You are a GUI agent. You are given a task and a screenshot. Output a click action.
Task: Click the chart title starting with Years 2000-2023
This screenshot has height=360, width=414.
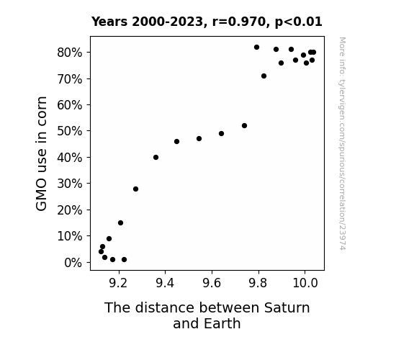coord(207,22)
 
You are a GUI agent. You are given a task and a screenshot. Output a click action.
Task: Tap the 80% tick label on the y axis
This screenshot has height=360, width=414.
coord(69,53)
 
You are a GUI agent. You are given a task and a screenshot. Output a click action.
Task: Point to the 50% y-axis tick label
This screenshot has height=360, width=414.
coord(69,131)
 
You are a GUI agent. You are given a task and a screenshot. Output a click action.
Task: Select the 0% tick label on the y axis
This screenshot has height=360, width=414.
coord(73,263)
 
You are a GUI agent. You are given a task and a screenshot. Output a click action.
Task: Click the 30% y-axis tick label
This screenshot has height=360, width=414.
coord(69,184)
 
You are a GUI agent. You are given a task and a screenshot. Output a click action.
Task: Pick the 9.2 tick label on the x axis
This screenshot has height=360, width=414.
coord(119,283)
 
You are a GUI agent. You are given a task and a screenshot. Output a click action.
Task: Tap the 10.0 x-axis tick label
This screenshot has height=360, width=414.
coord(305,283)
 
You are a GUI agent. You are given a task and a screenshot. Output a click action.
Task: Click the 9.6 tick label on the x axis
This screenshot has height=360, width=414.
coord(212,283)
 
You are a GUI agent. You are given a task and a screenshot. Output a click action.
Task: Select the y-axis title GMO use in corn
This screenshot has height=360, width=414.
coord(41,153)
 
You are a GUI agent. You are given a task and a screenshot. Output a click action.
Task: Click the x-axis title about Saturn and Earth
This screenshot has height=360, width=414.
coord(207,315)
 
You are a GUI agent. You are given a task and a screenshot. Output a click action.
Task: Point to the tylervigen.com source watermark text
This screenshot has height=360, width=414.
coord(342,143)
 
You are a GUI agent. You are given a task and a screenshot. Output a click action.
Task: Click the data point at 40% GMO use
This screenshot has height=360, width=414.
coord(156,158)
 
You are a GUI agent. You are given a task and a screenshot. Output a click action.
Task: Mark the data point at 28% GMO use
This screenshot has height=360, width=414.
coord(135,189)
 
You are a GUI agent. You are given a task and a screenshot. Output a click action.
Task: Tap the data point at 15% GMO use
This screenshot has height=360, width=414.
coord(121,223)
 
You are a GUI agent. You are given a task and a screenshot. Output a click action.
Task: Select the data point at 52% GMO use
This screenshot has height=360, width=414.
coord(245,126)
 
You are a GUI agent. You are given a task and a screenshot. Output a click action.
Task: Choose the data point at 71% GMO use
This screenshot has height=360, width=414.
coord(264,76)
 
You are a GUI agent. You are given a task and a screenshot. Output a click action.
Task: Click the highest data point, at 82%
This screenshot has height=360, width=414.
coord(256,48)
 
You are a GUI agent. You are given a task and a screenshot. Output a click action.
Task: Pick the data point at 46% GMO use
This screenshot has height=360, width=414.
coord(177,142)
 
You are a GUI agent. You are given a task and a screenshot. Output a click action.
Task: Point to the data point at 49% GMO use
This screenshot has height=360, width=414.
coord(222,134)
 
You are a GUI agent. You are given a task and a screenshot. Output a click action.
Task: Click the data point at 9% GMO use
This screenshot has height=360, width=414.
coord(109,239)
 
